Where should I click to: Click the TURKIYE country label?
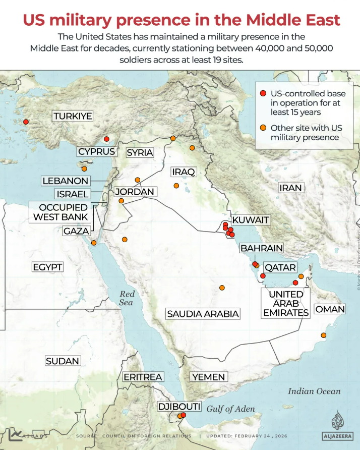(73, 117)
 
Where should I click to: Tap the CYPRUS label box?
(96, 152)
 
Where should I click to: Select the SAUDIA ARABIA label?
(203, 314)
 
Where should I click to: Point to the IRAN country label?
(290, 188)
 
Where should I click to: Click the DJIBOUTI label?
(179, 407)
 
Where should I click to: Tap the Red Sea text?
(127, 298)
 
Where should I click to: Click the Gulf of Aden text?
(230, 409)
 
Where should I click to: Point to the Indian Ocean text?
(314, 391)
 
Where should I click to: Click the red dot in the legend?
(263, 94)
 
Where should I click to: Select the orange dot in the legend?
(263, 128)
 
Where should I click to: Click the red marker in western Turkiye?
(26, 122)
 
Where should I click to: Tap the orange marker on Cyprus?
(84, 169)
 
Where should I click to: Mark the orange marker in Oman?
(323, 335)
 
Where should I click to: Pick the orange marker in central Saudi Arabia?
(222, 288)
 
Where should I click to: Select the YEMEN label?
(208, 377)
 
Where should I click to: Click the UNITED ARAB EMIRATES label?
(286, 303)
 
